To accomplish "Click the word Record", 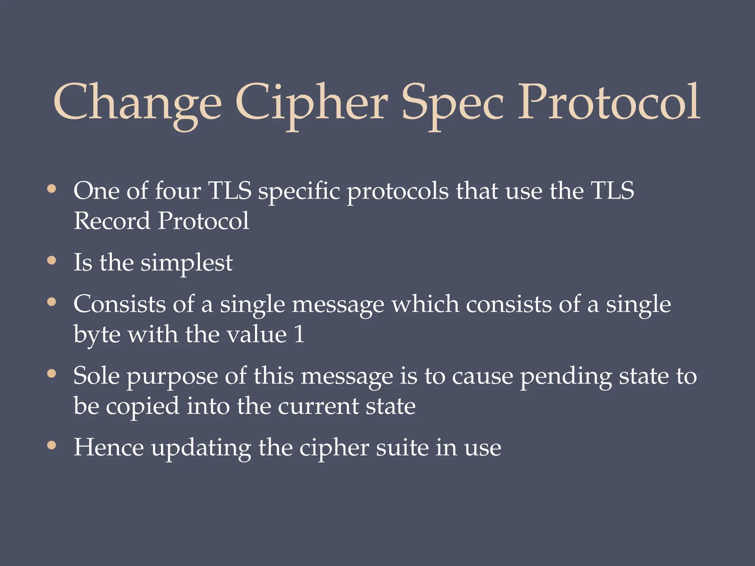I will (x=112, y=221).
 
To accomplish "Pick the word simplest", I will (x=187, y=263).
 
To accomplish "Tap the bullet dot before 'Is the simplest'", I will (x=52, y=261).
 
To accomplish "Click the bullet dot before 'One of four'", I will (x=52, y=189).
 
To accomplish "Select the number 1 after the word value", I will (x=299, y=334).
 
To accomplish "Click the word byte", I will (x=97, y=335).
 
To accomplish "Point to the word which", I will (x=425, y=305).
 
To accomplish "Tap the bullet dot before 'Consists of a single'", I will (x=52, y=303).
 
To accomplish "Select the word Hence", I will (x=109, y=448).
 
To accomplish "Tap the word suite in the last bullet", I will (x=402, y=448).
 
